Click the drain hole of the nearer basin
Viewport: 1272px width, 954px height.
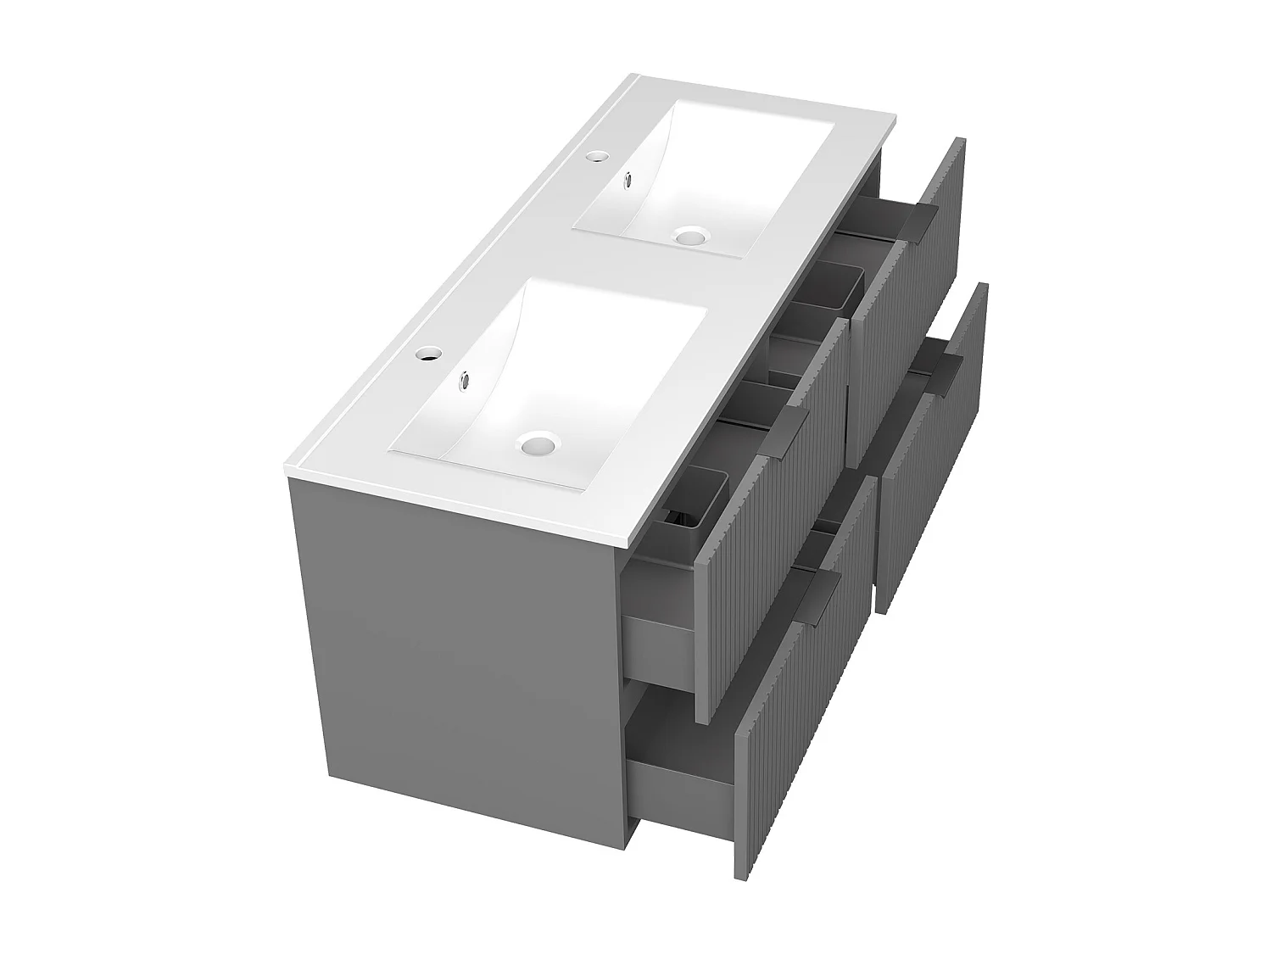point(536,443)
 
